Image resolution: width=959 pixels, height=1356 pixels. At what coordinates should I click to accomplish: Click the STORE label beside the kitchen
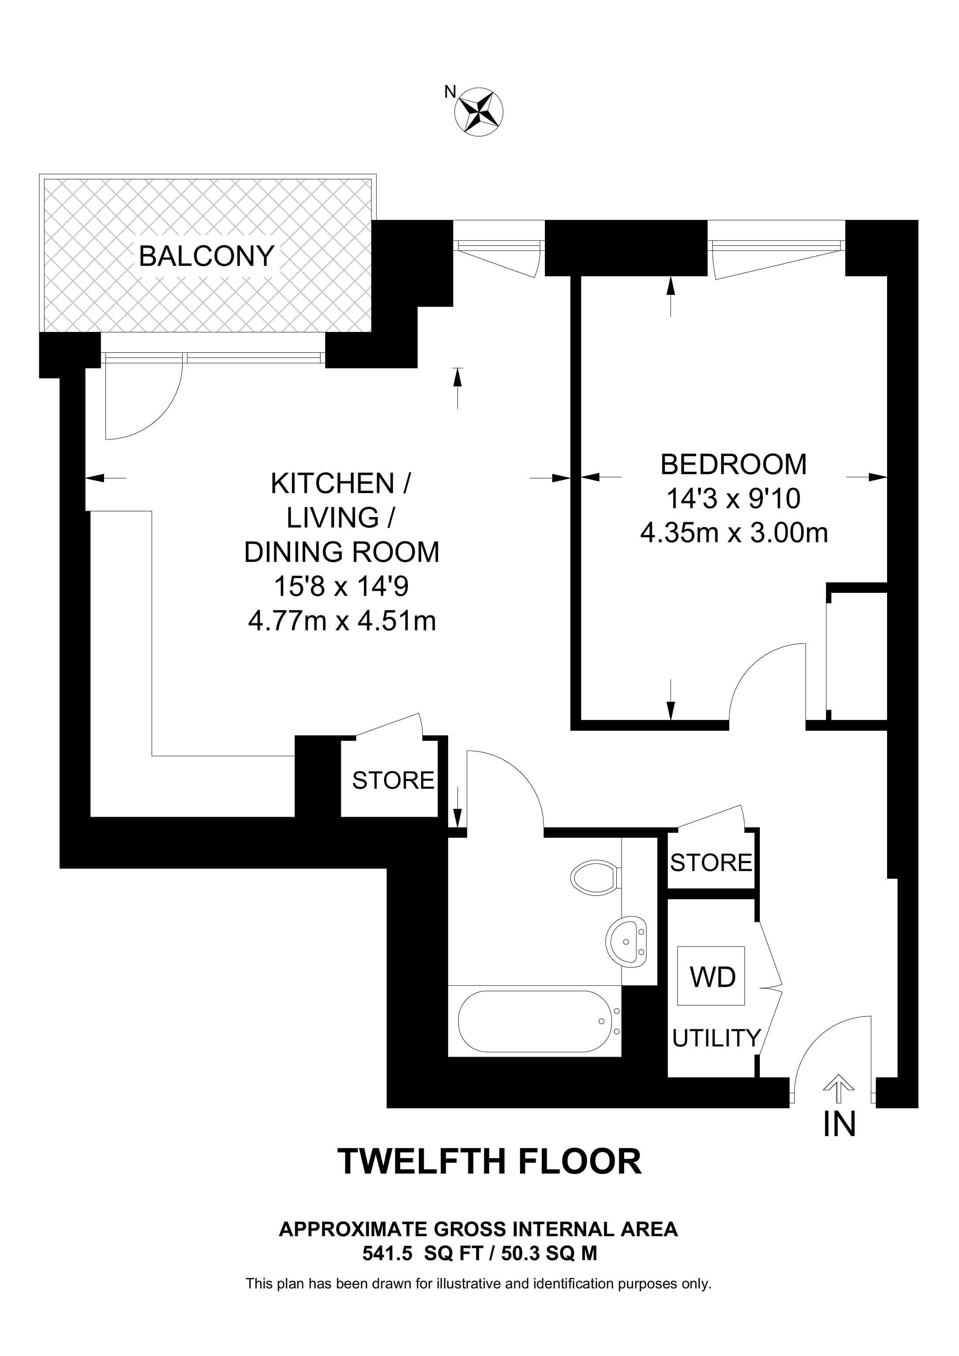pos(393,781)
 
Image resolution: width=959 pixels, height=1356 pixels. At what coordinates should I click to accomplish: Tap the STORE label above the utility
pos(711,863)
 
